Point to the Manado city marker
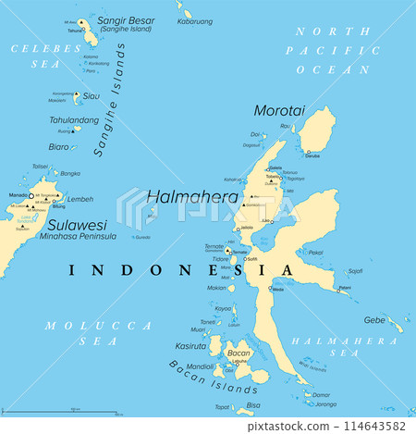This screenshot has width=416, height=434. [30, 196]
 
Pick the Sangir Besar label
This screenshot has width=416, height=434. [127, 19]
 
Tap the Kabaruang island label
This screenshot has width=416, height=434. [196, 20]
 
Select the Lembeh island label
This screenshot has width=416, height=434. [80, 199]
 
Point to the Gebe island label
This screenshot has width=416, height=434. [374, 319]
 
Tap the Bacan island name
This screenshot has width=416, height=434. [239, 353]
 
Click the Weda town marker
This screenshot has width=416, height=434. [271, 290]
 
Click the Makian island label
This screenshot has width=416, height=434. [216, 287]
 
